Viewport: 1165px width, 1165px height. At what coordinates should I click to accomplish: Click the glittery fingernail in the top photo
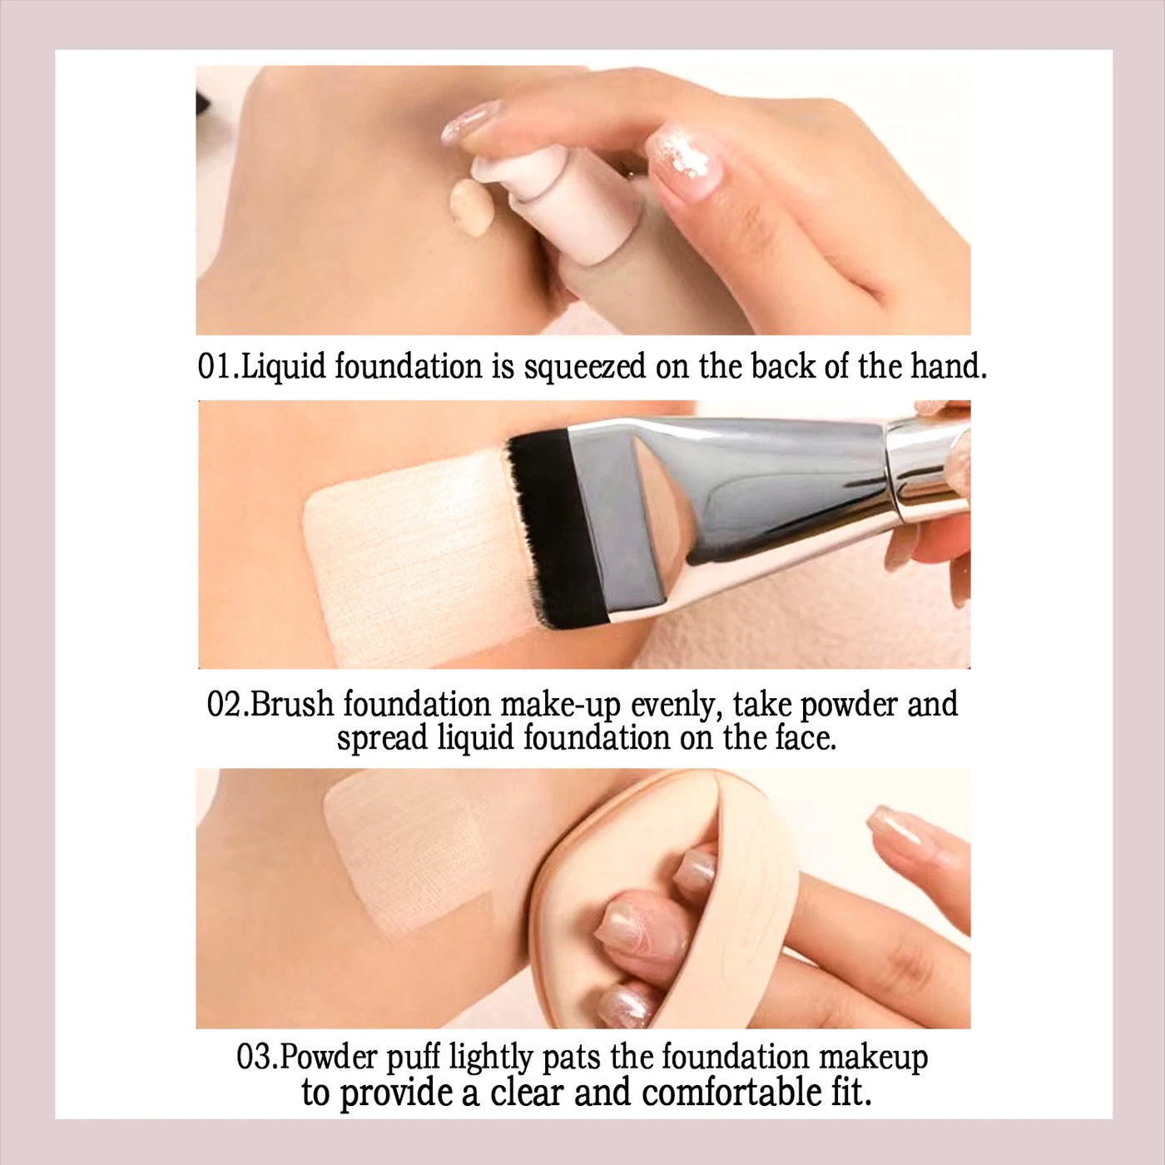pos(684,159)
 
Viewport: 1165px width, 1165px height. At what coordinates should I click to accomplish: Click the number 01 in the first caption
pos(215,368)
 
